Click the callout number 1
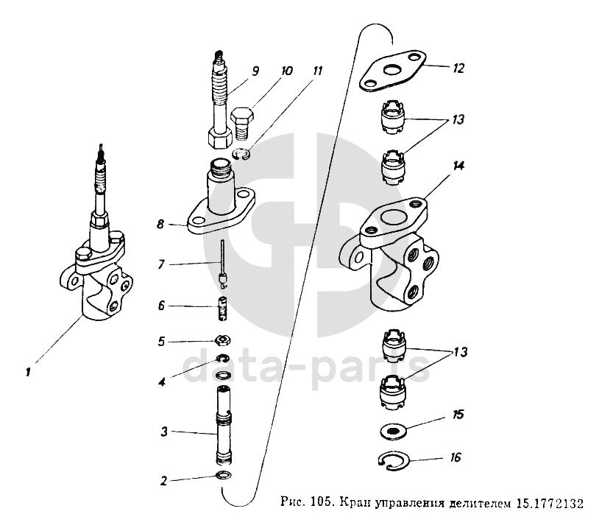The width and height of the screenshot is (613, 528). tap(27, 373)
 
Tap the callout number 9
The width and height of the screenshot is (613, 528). tap(255, 71)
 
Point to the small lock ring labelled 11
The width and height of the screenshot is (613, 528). tap(241, 154)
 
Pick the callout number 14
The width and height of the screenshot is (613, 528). tap(458, 166)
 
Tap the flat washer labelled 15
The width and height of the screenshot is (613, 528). tap(394, 430)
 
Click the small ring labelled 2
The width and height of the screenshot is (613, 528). tap(222, 474)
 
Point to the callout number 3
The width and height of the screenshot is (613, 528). tap(166, 431)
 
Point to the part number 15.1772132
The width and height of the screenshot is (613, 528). tap(548, 505)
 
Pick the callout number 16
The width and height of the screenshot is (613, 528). tap(456, 457)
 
